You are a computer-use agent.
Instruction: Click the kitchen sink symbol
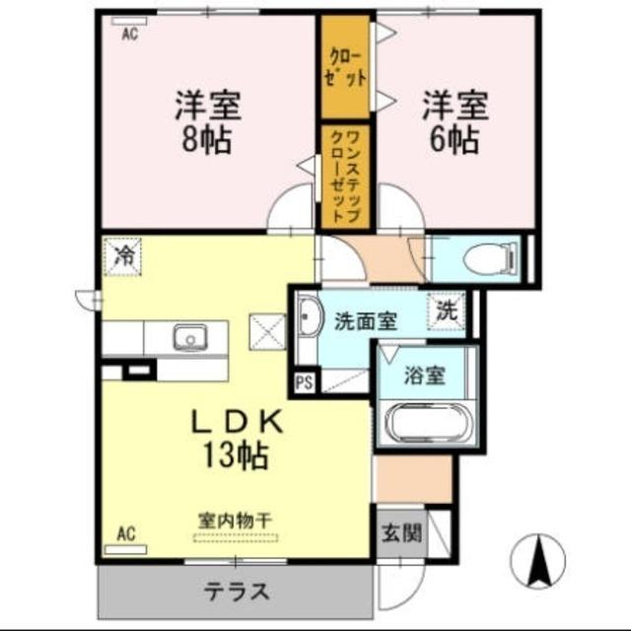coord(188,338)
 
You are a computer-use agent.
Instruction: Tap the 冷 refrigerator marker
coord(124,256)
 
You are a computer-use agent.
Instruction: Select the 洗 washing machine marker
coord(447,311)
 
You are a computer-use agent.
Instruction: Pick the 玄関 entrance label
coord(401,533)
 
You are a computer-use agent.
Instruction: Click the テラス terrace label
coord(237,592)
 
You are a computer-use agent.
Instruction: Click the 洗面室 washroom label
coord(365,319)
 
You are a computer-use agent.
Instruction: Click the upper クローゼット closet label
coord(343,67)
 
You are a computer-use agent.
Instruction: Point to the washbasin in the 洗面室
coord(308,317)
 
